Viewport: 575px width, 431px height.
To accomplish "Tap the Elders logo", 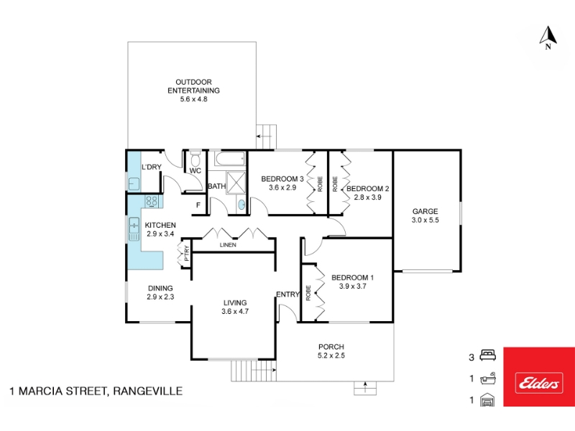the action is tap(538, 384).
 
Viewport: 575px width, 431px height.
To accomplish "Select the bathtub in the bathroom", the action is tap(229, 159).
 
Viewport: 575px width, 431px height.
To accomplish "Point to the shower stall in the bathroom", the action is tap(236, 182).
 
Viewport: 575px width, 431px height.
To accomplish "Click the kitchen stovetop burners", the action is tap(152, 201).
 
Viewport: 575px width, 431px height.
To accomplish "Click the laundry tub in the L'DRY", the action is tap(134, 183).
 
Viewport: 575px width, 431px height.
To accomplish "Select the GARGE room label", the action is tap(425, 211).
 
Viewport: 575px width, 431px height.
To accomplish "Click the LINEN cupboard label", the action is tap(228, 245).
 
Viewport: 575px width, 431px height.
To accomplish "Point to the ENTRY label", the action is tap(288, 295).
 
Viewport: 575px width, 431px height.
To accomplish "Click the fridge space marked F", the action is tap(198, 205).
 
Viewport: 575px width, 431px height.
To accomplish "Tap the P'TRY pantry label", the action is tap(187, 254).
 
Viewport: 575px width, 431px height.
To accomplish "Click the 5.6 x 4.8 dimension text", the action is tap(193, 99).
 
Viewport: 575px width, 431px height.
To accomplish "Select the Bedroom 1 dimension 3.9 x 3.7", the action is tap(352, 286).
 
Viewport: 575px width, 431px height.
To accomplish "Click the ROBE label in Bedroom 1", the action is tap(308, 293).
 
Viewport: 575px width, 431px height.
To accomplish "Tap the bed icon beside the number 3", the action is tap(488, 355).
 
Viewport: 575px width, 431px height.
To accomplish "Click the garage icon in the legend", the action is tap(487, 399).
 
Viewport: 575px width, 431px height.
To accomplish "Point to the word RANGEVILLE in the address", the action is tap(148, 391).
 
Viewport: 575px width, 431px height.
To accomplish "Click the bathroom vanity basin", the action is tap(241, 204).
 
